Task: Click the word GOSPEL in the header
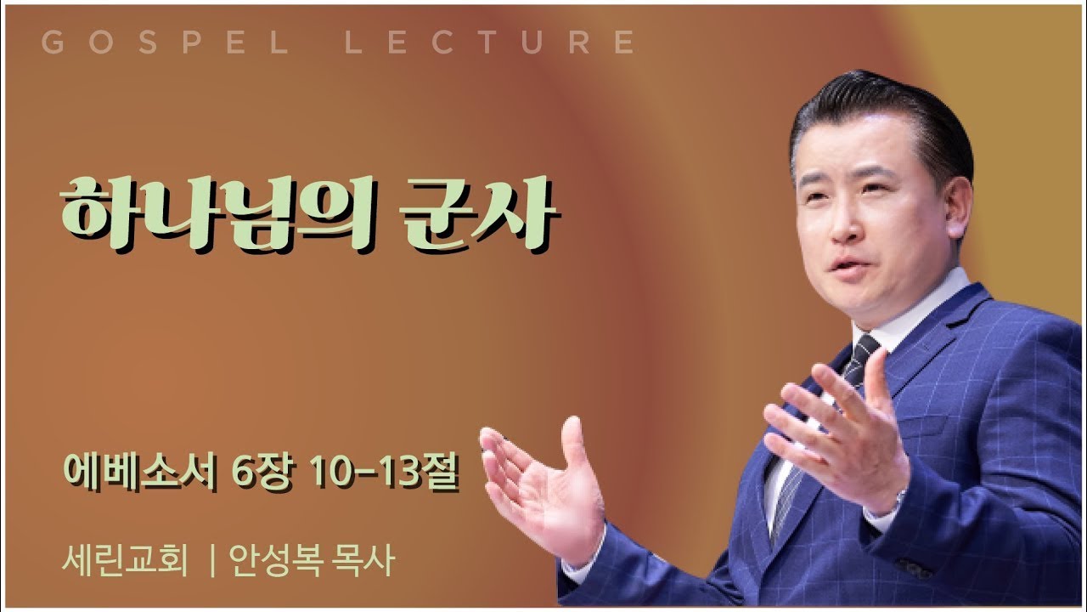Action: click(166, 43)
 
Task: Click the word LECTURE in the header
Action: click(490, 43)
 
